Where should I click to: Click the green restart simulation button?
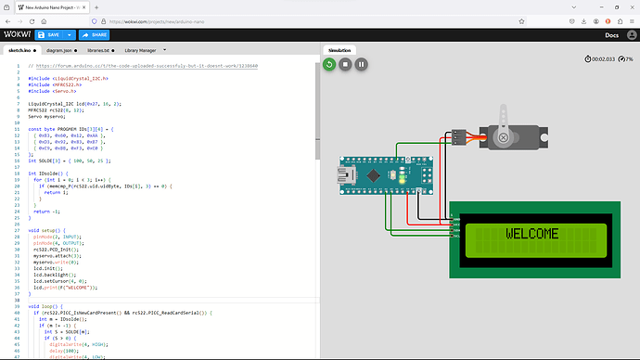click(328, 64)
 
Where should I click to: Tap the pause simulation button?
click(362, 64)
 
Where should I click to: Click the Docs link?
click(611, 35)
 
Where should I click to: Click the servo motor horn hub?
click(504, 137)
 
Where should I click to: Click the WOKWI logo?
click(16, 34)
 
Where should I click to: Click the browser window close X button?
click(629, 6)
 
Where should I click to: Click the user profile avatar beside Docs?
click(630, 35)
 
